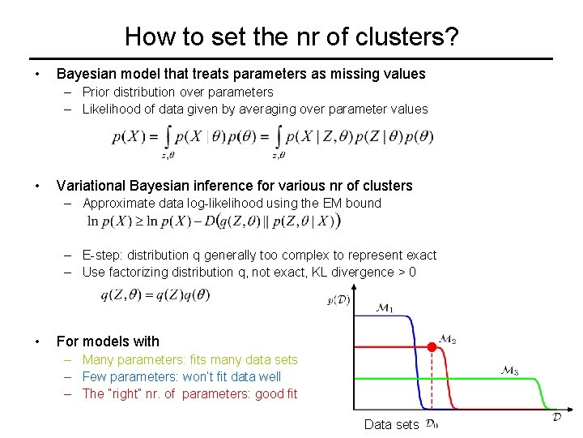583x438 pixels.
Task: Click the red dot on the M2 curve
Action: [x=432, y=346]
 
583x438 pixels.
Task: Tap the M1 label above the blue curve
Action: [x=384, y=308]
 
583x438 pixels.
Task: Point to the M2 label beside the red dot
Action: [x=448, y=340]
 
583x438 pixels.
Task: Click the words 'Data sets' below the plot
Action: [x=391, y=424]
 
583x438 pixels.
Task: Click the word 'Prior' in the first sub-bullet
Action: [x=98, y=92]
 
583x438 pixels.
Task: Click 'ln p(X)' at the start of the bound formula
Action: [x=110, y=221]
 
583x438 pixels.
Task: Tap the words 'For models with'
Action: [x=108, y=341]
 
